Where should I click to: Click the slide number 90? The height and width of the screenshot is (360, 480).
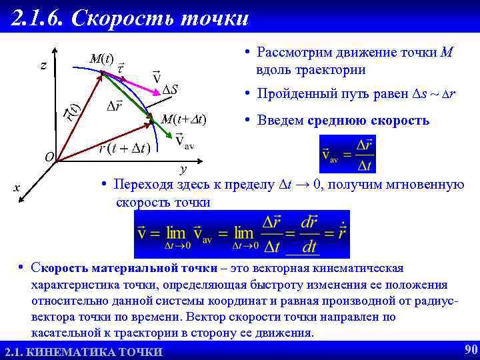(x=469, y=349)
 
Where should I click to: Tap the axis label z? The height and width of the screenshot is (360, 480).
(x=43, y=65)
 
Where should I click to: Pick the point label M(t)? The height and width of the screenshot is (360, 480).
(x=101, y=59)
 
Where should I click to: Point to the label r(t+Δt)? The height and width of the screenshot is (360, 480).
(x=124, y=148)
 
